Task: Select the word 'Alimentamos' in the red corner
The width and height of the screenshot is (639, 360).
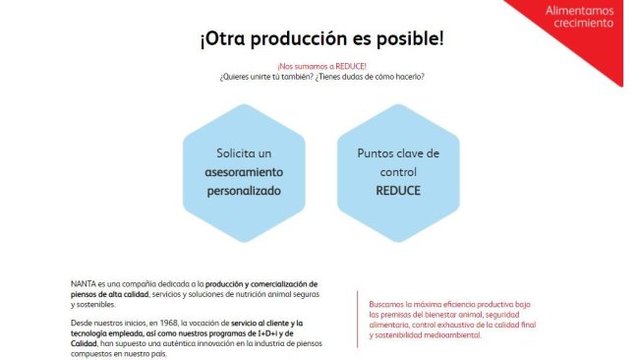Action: pos(579,10)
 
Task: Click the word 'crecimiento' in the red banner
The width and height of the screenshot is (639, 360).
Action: pos(584,23)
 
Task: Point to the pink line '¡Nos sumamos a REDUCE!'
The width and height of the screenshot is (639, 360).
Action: pos(321,66)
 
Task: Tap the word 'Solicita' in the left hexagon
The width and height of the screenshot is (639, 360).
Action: pos(231,153)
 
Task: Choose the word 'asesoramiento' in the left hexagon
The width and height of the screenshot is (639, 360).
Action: pos(244,172)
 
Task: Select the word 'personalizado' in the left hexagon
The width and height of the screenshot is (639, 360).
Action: pos(244,191)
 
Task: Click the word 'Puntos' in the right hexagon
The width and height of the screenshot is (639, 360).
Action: pos(374,153)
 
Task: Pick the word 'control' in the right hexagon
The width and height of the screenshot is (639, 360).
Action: pos(398,172)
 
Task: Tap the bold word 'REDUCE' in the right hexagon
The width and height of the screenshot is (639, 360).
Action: pos(398,191)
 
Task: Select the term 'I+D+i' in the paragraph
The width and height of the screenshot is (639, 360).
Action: pos(268,333)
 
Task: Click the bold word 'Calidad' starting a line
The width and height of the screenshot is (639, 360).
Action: pos(84,343)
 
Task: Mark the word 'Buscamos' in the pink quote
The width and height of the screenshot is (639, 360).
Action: pos(385,304)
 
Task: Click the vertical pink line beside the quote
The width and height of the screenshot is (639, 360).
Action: pos(358,320)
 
